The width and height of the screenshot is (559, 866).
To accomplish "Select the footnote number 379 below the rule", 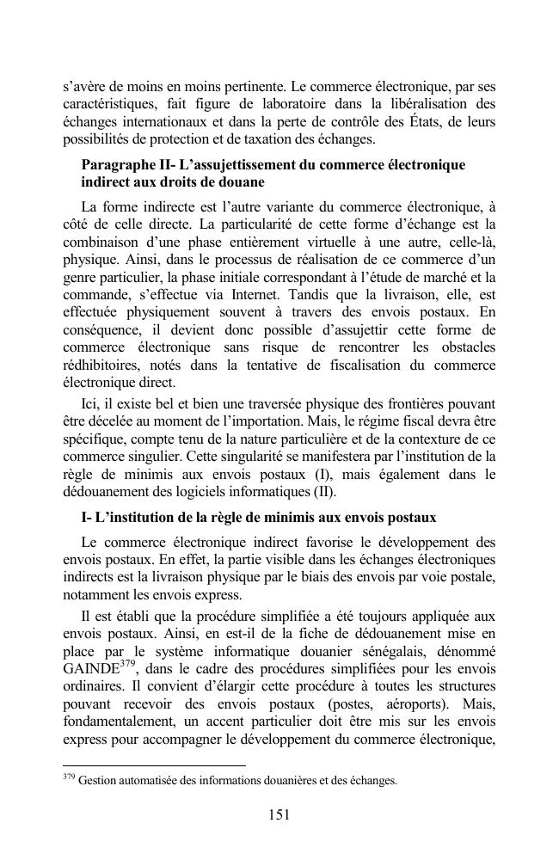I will [x=69, y=777].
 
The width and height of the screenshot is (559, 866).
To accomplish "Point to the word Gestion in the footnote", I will [x=97, y=781].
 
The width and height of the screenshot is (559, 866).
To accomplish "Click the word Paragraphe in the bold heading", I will [x=117, y=164].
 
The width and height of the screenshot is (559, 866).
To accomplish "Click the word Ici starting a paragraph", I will [x=90, y=402].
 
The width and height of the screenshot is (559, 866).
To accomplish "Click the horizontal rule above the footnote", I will [x=154, y=764].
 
